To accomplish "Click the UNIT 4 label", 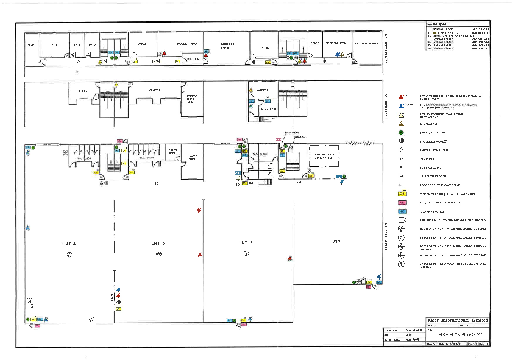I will coord(69,243).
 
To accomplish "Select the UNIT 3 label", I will coord(158,243).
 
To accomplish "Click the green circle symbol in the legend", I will coord(401,132).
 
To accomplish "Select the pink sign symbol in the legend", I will coord(401,202).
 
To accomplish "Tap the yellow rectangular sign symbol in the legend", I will coord(401,193).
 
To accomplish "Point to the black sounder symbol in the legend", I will coord(401,141).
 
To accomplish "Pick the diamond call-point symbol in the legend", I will coord(401,150).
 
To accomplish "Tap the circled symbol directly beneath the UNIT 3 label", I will coord(158,253).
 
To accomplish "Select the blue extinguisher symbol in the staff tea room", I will coord(342,55).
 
